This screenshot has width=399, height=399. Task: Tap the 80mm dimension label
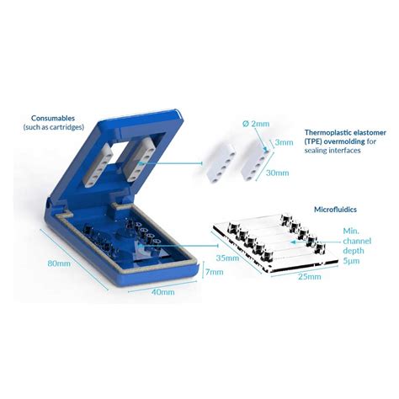[x=60, y=263]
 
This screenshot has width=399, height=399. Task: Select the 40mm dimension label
[x=162, y=292]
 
